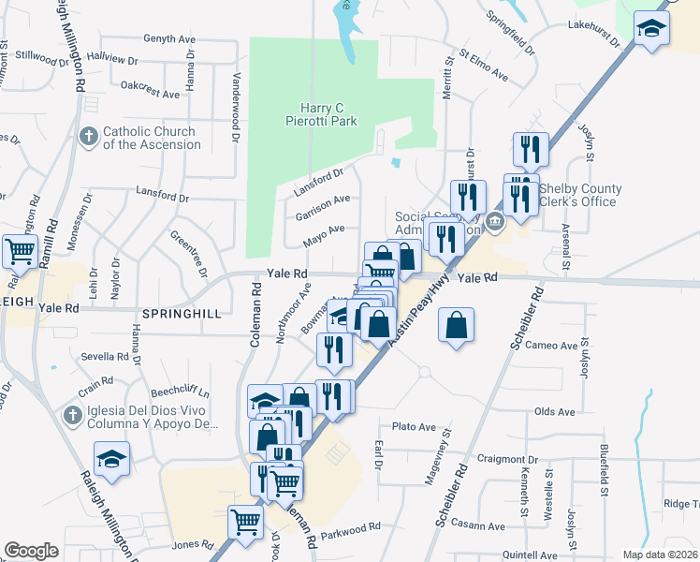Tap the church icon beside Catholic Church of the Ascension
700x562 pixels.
point(89,138)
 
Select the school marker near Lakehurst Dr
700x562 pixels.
point(649,28)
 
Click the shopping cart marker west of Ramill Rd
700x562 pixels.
point(20,250)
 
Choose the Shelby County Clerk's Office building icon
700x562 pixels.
point(495,221)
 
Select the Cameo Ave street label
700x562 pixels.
point(551,346)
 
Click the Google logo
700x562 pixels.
point(31,550)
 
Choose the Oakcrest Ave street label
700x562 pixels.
point(150,95)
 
